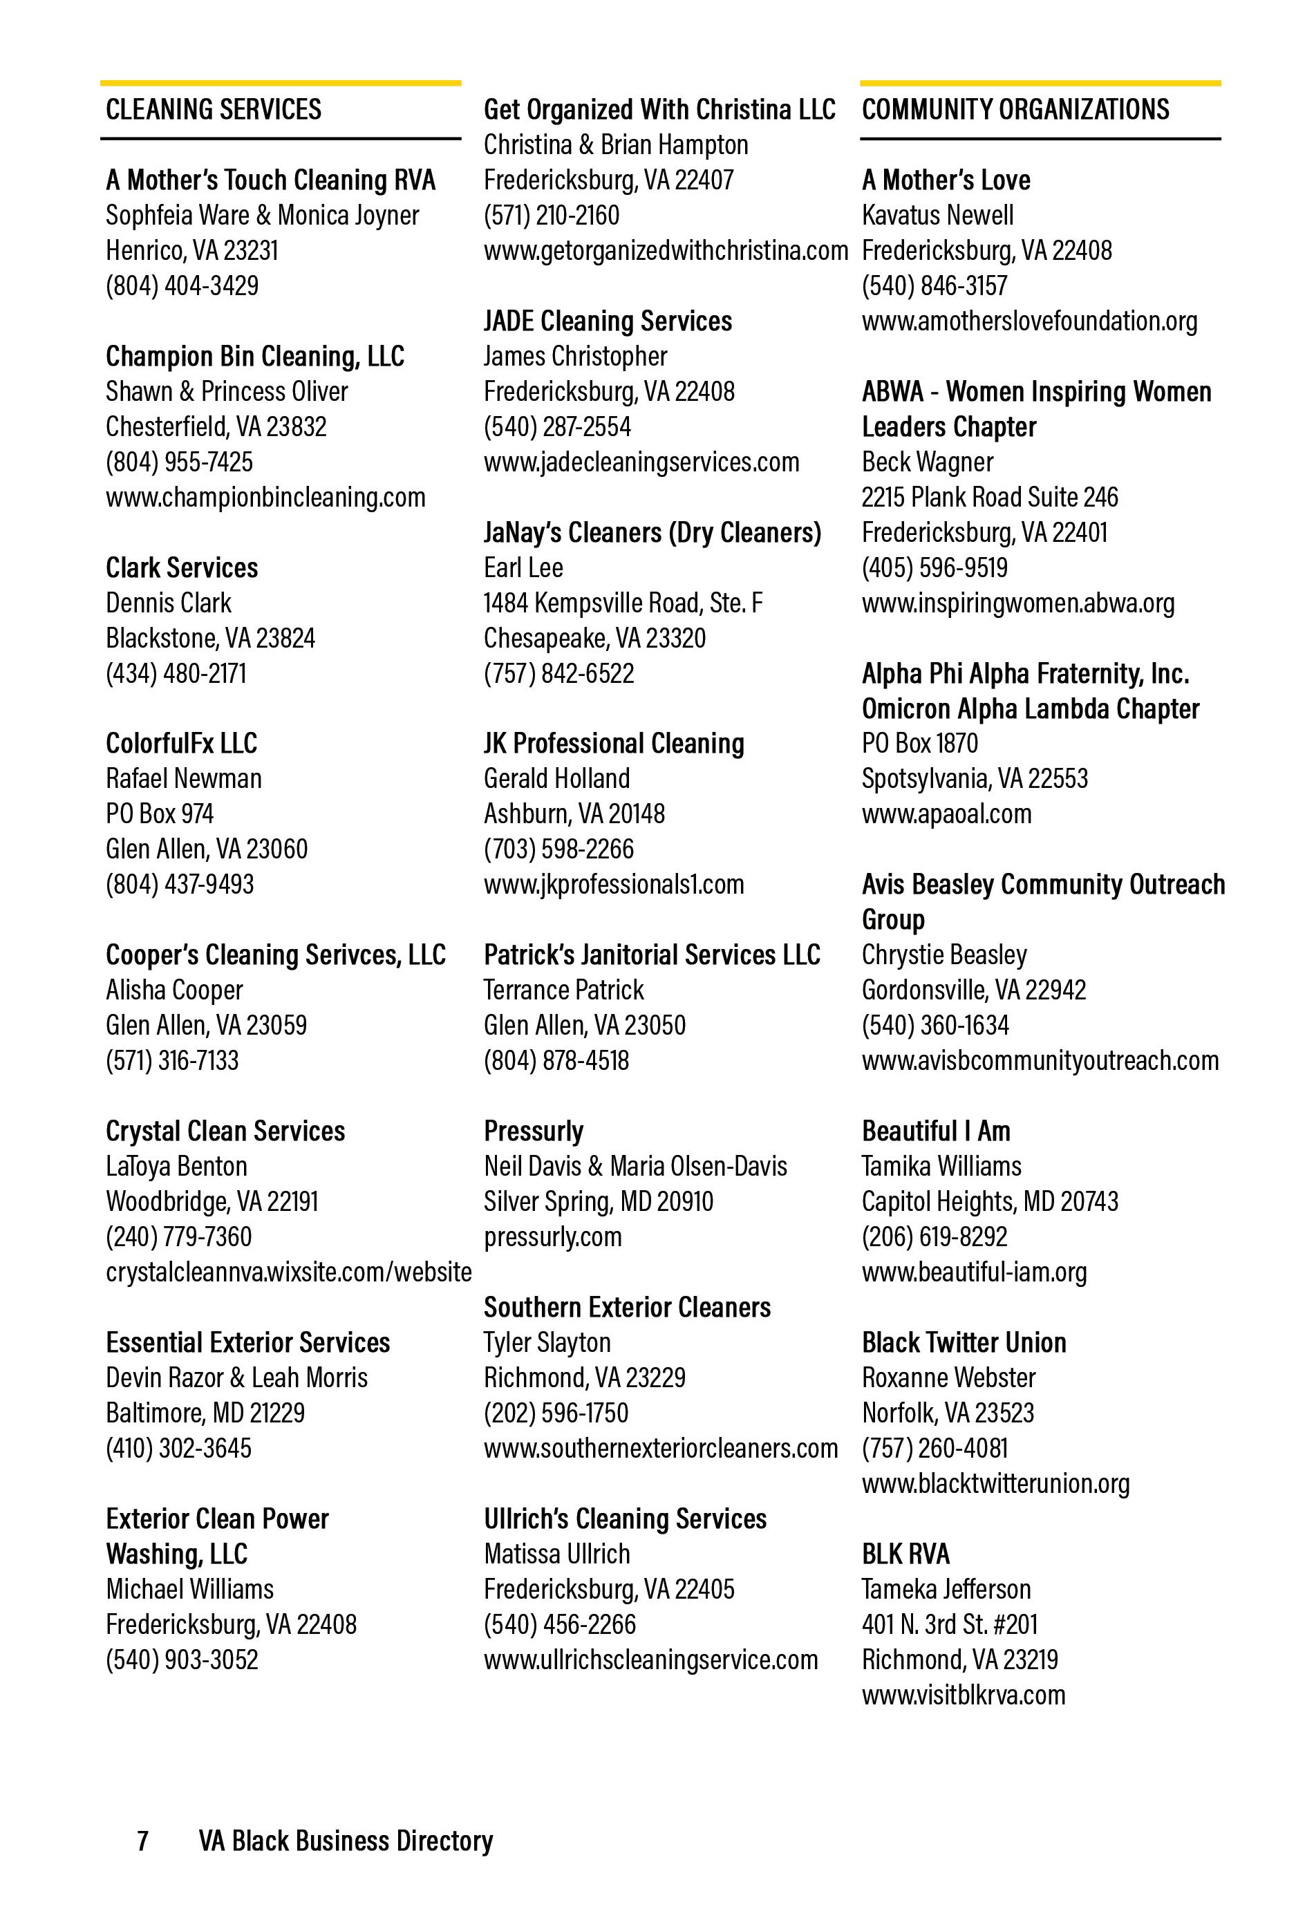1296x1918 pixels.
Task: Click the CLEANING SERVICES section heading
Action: tap(213, 110)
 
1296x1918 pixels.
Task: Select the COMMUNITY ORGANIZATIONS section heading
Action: tap(1015, 110)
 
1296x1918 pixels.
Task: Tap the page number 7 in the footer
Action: tap(143, 1841)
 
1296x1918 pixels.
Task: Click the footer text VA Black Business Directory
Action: tap(345, 1841)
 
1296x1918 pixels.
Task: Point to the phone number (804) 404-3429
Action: tap(182, 285)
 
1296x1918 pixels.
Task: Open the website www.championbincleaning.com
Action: tap(265, 497)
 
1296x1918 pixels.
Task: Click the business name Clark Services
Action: tap(182, 568)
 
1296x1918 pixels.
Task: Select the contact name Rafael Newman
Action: tap(183, 778)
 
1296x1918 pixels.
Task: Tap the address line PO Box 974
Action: tap(159, 814)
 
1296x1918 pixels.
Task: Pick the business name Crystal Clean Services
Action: tap(225, 1131)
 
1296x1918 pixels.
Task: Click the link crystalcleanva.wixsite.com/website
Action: tap(288, 1272)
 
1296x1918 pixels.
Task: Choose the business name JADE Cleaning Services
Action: tap(608, 321)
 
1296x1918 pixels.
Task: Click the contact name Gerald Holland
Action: tap(556, 778)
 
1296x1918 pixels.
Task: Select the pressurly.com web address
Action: tap(552, 1237)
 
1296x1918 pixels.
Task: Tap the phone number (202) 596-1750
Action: tap(556, 1412)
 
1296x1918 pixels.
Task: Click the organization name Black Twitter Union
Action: tap(964, 1343)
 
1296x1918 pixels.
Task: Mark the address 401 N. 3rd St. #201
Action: tap(948, 1624)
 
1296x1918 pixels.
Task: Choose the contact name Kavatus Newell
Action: tap(937, 216)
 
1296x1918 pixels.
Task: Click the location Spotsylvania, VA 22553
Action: tap(974, 778)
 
